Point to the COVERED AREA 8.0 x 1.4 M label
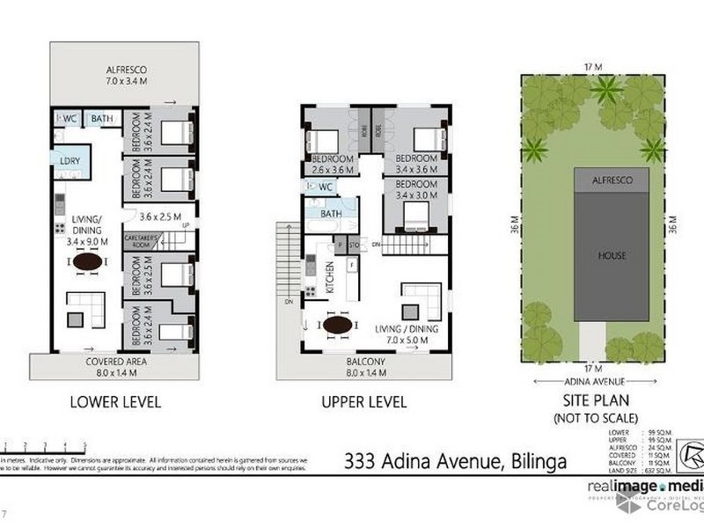(116, 366)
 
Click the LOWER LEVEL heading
(116, 403)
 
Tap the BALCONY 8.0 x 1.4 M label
(362, 366)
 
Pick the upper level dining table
(339, 325)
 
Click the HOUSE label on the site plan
(612, 256)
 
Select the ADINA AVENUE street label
(597, 382)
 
